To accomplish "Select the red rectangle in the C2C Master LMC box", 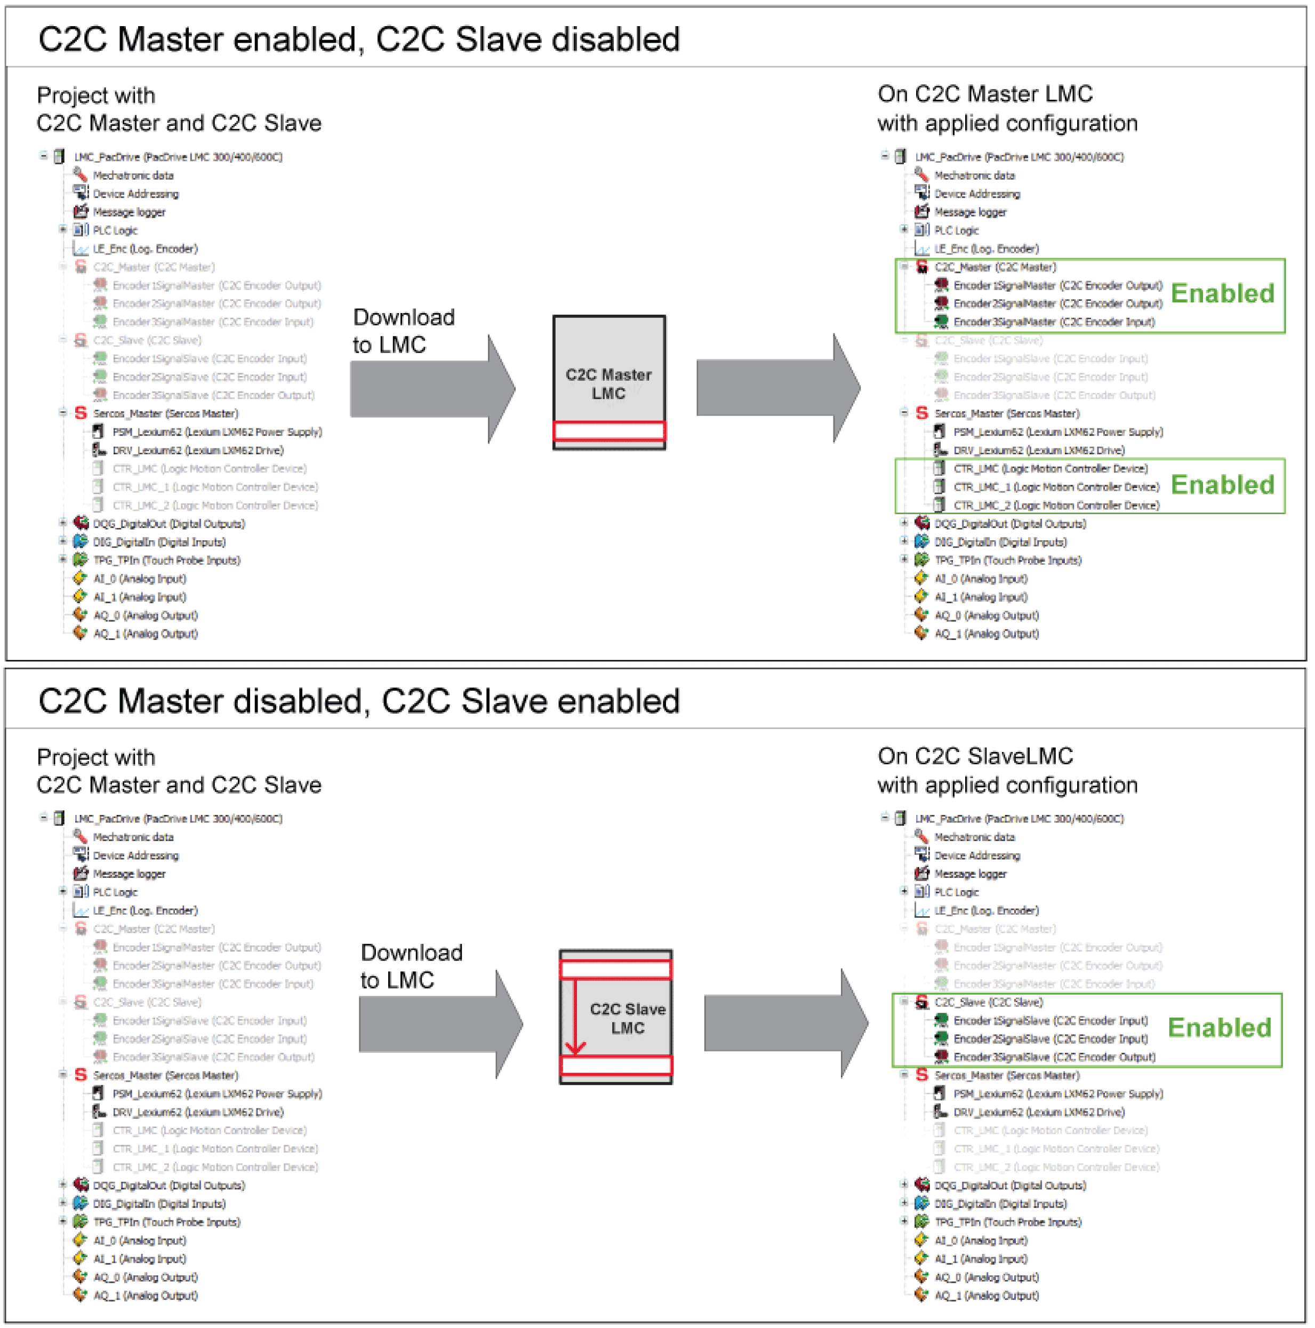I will [609, 431].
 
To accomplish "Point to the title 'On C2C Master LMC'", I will [985, 93].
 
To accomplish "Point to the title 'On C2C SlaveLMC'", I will [975, 756].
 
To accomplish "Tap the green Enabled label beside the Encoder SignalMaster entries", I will [1222, 293].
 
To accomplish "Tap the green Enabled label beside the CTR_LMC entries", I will [1222, 485].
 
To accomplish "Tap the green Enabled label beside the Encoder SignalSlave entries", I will [1220, 1028].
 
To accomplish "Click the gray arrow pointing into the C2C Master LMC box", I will [432, 389].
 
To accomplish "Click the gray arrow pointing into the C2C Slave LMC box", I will [440, 1024].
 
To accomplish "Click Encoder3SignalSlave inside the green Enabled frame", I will [1054, 1058].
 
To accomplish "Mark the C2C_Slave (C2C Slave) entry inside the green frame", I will [988, 1003].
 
